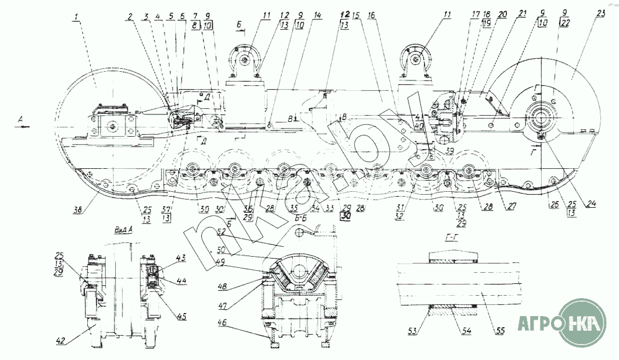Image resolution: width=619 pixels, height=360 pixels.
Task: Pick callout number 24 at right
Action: tap(592, 204)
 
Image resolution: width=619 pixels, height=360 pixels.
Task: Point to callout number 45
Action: tap(181, 317)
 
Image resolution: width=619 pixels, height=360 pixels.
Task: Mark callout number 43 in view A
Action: tap(181, 258)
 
